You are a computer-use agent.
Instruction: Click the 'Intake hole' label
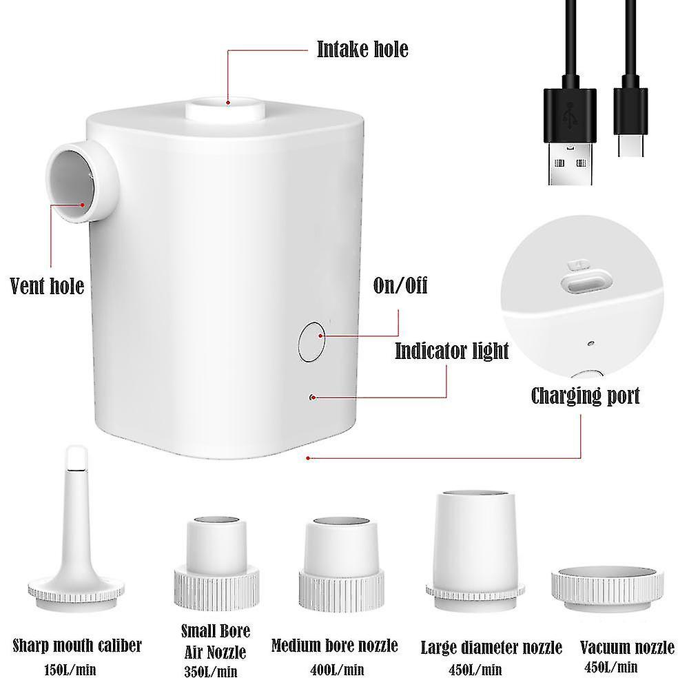click(x=362, y=50)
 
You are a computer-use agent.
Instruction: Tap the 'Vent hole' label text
click(x=47, y=285)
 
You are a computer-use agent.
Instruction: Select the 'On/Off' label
click(x=400, y=285)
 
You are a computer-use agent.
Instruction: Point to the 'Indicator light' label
click(x=451, y=351)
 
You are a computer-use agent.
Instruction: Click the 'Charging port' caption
click(x=585, y=395)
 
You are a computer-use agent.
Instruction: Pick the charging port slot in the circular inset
click(x=586, y=282)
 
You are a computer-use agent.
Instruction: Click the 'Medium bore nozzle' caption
click(x=335, y=646)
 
